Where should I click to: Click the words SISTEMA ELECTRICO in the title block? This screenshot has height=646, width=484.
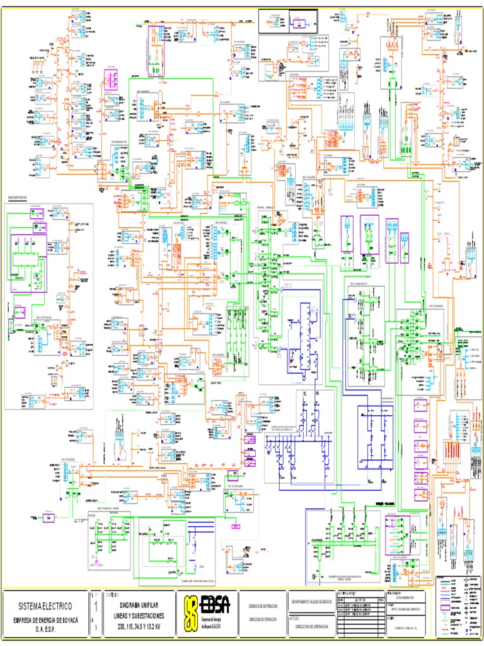click(x=44, y=606)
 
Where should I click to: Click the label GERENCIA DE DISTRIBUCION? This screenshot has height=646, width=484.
click(x=263, y=605)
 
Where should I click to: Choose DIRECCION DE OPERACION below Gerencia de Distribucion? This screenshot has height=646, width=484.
click(x=263, y=620)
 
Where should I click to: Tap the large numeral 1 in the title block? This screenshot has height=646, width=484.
click(x=96, y=607)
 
